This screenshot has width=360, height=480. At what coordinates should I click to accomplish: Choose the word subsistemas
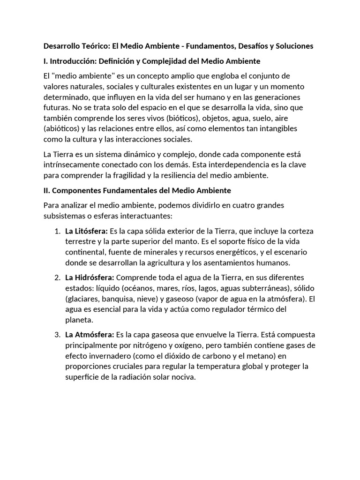64,217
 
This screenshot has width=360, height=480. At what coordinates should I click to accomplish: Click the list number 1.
57,231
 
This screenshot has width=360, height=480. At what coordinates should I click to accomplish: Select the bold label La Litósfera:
87,231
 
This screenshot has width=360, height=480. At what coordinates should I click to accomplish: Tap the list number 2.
57,277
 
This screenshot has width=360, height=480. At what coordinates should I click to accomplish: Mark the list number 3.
57,335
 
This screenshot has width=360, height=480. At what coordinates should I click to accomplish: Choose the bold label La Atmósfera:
90,335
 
